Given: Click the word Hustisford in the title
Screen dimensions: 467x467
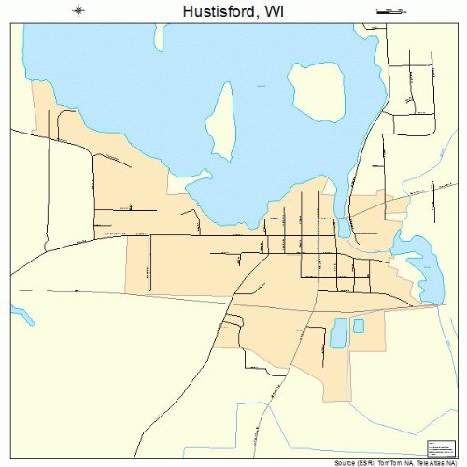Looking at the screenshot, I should click(x=207, y=11).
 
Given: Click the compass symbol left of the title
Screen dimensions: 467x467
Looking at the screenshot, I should click(x=78, y=10).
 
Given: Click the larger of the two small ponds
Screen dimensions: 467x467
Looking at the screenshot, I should click(x=338, y=333).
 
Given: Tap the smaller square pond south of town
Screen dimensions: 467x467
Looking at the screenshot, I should click(x=359, y=326).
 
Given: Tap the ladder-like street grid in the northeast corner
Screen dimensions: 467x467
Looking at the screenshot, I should click(x=411, y=89).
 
